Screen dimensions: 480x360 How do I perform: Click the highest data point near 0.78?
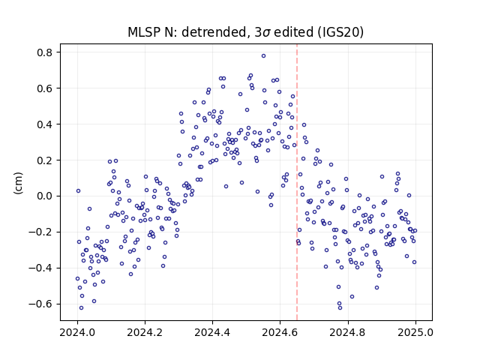(x=263, y=56)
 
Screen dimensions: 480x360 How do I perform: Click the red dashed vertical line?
(x=297, y=181)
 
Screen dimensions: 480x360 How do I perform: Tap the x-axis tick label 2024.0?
(x=77, y=332)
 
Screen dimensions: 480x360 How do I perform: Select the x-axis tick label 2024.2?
(x=145, y=332)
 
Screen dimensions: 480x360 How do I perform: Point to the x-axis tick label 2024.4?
(x=212, y=332)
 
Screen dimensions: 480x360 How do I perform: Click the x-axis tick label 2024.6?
(x=280, y=332)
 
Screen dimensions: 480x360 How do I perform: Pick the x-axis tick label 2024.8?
(x=347, y=332)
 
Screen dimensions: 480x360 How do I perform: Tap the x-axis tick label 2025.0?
(x=415, y=332)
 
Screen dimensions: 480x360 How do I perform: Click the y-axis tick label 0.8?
(x=45, y=52)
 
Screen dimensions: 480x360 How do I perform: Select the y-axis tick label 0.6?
(x=45, y=88)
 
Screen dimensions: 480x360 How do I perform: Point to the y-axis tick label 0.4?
(x=45, y=124)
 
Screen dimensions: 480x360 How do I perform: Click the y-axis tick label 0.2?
(x=45, y=160)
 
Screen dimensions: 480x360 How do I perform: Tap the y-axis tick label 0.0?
(x=45, y=196)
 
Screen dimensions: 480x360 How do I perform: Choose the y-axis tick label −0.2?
(x=40, y=232)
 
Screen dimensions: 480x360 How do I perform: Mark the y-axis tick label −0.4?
(x=40, y=268)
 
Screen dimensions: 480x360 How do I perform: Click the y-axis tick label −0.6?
(x=40, y=304)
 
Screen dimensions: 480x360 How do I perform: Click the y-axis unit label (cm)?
(x=18, y=183)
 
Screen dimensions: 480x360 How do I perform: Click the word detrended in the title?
(x=214, y=32)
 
